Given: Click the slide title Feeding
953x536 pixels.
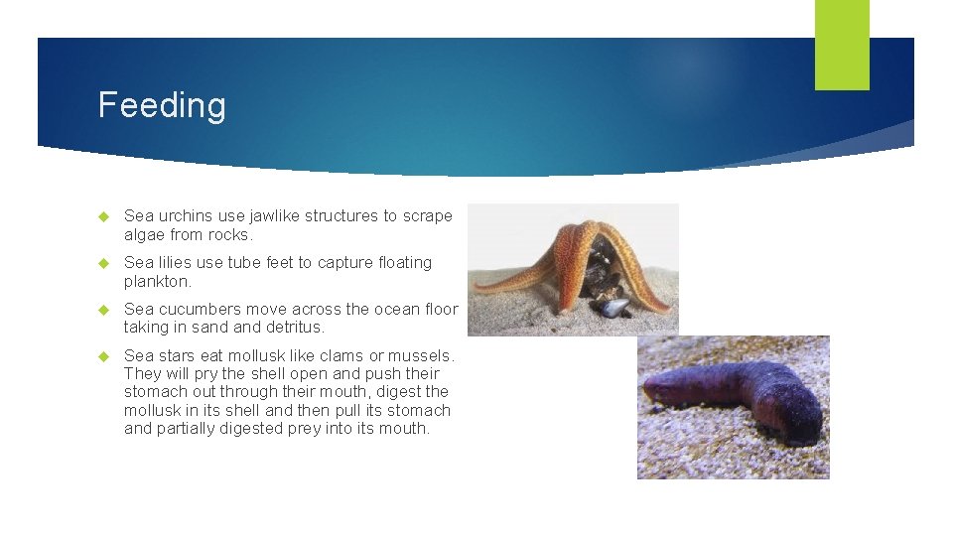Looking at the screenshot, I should [x=162, y=105].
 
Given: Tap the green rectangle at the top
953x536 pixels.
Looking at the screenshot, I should [x=842, y=45].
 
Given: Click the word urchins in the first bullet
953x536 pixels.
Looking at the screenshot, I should [x=183, y=215].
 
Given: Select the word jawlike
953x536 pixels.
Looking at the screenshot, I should [x=272, y=215].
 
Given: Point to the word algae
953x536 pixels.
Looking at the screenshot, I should [x=144, y=234].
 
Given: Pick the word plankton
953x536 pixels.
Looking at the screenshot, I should [x=156, y=281].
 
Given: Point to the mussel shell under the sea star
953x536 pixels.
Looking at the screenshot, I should [x=616, y=308].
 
